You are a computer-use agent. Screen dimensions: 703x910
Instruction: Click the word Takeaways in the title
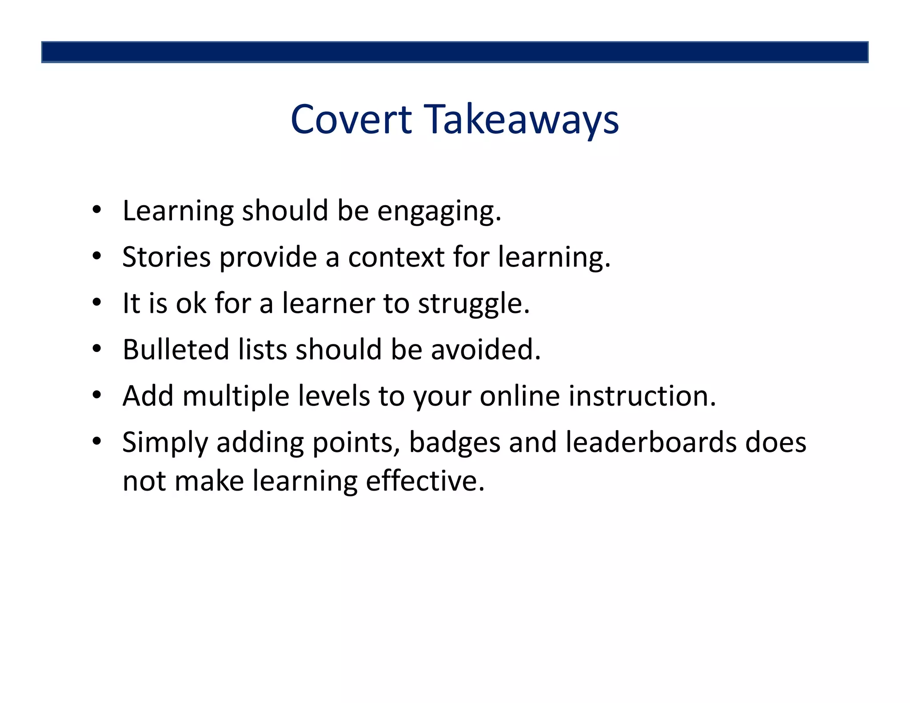point(523,120)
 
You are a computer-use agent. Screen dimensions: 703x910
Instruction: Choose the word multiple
point(236,396)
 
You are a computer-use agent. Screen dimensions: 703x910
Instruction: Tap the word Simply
point(165,443)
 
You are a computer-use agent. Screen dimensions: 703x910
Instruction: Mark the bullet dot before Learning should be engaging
point(97,210)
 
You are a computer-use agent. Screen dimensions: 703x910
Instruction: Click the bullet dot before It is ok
point(97,303)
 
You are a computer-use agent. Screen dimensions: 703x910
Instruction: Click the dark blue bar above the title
point(455,52)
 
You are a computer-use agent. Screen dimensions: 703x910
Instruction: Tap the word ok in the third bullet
point(191,304)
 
